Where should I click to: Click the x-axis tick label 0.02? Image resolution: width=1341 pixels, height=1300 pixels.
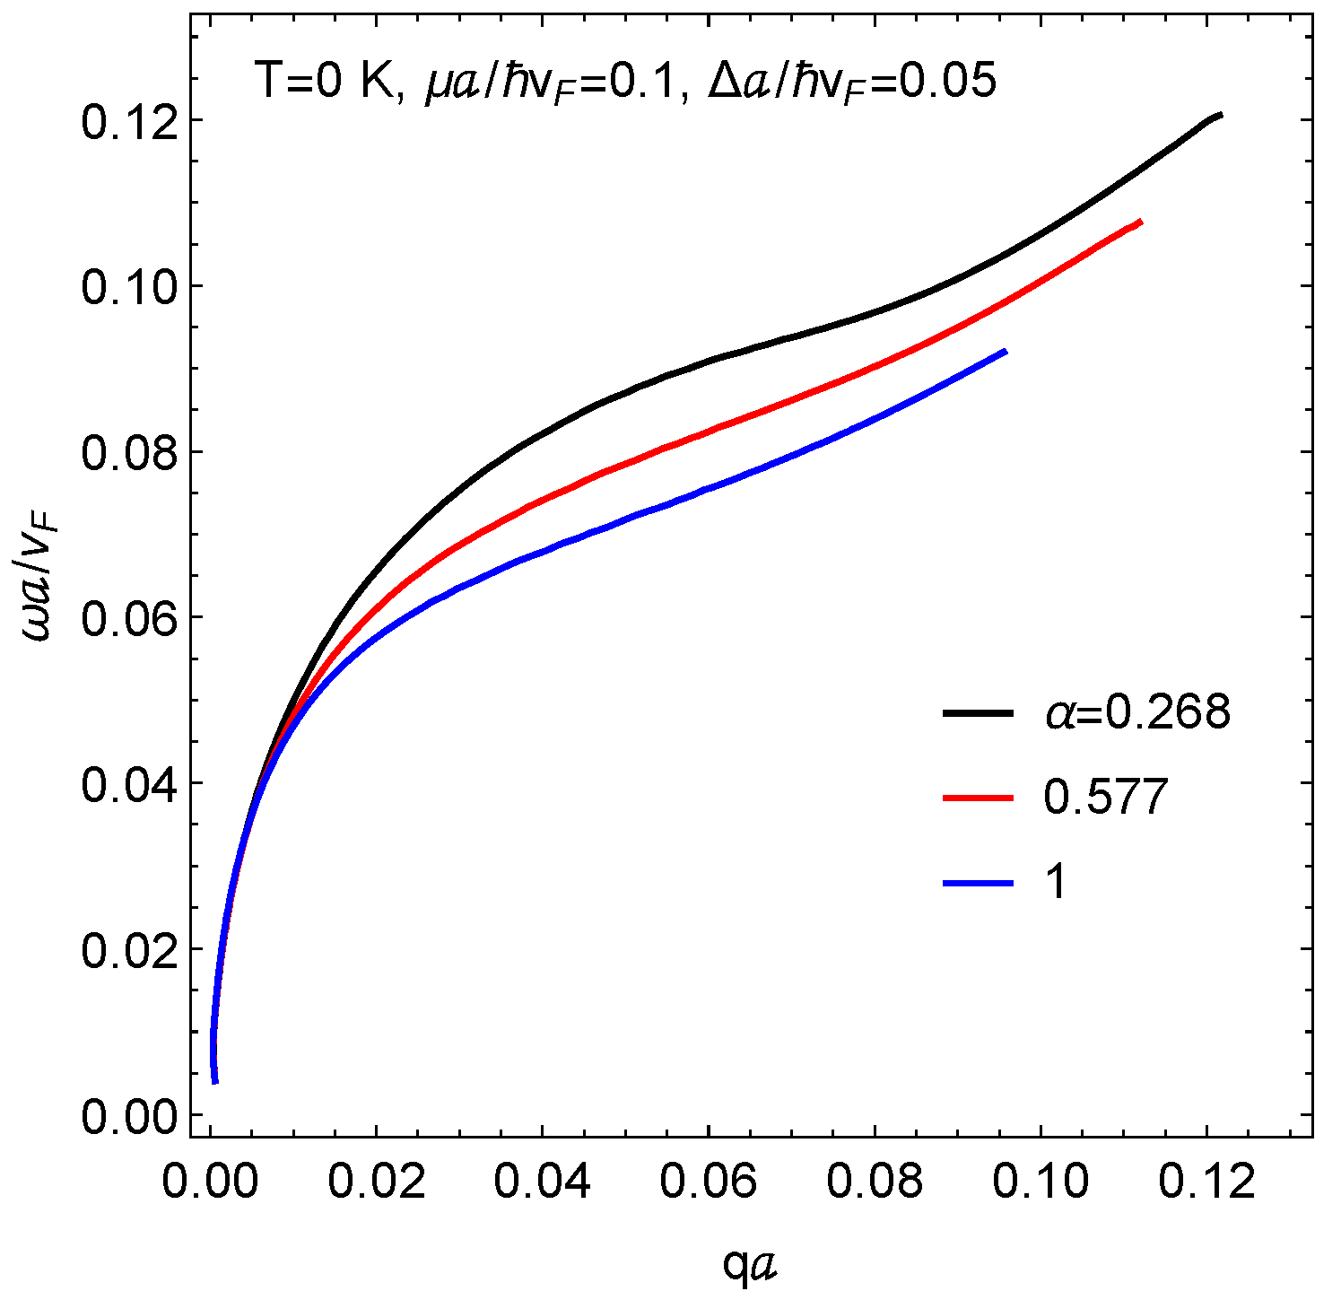[x=376, y=1182]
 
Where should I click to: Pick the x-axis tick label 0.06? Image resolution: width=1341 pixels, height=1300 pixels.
[x=709, y=1182]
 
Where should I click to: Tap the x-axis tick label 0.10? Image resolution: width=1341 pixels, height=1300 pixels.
[x=1041, y=1182]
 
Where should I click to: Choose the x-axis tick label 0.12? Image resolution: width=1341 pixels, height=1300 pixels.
[x=1206, y=1182]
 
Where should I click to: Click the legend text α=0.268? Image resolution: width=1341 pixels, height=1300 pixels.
[x=1136, y=713]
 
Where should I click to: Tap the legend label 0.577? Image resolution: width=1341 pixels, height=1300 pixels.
[x=1105, y=797]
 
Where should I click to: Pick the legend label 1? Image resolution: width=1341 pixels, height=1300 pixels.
[x=1057, y=883]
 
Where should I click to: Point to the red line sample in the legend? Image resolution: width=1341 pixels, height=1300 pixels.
[x=978, y=798]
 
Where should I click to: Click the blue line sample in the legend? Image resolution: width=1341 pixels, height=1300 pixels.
[x=978, y=884]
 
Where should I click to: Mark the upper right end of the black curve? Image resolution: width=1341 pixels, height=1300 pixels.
[x=1220, y=115]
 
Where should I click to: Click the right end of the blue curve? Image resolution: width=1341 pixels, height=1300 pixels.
[x=1006, y=351]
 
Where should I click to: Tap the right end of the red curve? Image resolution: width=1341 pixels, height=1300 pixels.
[x=1140, y=222]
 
